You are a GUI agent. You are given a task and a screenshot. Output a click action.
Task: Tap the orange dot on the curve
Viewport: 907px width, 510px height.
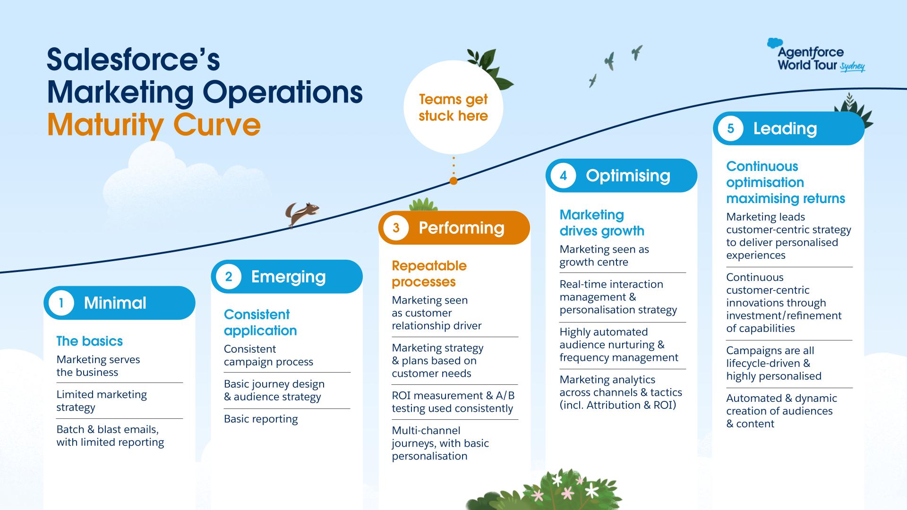[453, 181]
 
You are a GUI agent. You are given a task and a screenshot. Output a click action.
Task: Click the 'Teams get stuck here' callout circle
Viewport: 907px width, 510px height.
[453, 107]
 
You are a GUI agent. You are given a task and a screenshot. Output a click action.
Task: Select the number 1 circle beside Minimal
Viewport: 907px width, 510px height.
[61, 303]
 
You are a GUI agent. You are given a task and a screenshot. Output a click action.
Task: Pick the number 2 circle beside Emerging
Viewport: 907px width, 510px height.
[229, 277]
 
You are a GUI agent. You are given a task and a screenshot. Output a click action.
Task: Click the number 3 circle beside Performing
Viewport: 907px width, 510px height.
[396, 228]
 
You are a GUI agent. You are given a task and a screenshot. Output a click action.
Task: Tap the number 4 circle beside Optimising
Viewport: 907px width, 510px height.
[563, 176]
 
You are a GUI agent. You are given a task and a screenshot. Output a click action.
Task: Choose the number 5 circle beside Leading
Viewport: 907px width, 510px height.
[730, 128]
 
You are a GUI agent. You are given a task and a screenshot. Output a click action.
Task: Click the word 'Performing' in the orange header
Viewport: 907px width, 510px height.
[462, 228]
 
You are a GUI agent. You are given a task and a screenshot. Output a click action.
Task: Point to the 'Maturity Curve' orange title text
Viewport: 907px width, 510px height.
[154, 125]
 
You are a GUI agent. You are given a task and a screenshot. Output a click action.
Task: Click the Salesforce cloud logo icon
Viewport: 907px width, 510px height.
[774, 43]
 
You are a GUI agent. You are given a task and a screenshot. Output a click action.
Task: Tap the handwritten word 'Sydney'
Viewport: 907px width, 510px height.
[853, 67]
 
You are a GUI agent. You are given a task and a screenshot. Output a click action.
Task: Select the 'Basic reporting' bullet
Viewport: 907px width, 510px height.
[261, 419]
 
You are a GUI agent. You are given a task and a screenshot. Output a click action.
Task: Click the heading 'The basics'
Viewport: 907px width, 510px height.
[90, 341]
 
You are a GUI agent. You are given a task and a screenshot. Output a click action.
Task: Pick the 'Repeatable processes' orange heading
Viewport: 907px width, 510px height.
[429, 273]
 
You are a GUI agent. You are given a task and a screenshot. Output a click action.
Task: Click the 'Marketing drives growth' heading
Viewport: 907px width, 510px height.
[602, 223]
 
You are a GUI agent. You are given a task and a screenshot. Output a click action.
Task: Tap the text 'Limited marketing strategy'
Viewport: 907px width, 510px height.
[102, 400]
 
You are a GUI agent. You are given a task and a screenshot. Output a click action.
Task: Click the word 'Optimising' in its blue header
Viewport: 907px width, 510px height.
[628, 176]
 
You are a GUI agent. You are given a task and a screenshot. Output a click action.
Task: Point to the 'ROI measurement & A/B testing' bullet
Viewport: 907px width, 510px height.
[453, 402]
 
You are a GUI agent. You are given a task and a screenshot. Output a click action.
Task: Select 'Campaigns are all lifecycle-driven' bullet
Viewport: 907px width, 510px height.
[773, 363]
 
